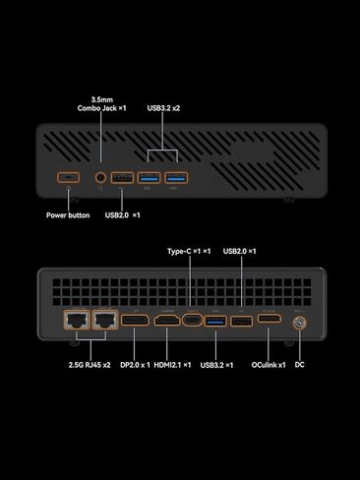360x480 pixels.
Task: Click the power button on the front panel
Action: click(68, 178)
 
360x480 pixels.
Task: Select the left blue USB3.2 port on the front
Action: click(150, 178)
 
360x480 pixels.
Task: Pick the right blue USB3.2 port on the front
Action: click(176, 178)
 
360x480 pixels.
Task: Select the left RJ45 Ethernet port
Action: click(75, 320)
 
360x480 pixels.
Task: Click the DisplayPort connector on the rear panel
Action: click(135, 321)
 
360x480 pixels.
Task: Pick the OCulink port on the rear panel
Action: click(269, 321)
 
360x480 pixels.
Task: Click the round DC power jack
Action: click(300, 321)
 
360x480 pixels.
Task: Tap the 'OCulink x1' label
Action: click(269, 365)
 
